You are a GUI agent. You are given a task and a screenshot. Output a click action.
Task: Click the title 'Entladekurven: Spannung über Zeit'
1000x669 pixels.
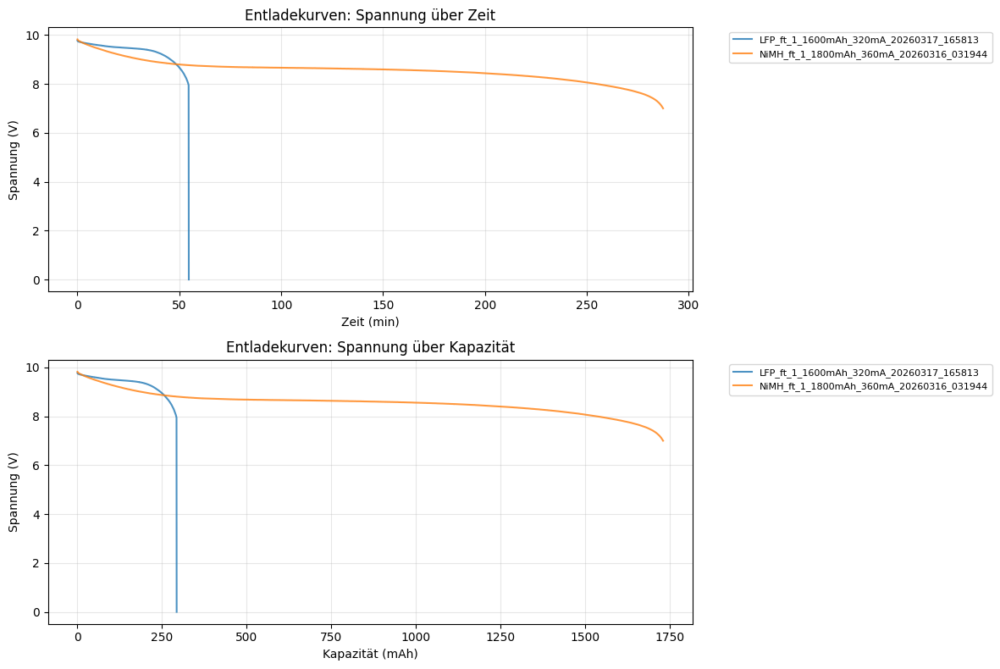(x=370, y=14)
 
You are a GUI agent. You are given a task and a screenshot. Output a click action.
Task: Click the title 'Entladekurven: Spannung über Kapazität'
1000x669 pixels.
(x=370, y=347)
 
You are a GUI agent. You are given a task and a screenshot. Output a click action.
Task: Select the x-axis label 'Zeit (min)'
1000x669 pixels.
(x=370, y=322)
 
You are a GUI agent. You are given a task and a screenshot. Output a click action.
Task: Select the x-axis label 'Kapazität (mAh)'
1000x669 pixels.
(x=370, y=654)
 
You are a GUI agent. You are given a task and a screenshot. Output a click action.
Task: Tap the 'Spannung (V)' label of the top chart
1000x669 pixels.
(x=14, y=158)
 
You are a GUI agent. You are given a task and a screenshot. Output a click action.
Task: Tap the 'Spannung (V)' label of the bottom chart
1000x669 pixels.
(x=14, y=490)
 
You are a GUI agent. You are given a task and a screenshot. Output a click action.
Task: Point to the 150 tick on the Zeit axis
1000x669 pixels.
(x=383, y=304)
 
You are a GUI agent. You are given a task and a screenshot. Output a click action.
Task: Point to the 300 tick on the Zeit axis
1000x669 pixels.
(x=688, y=304)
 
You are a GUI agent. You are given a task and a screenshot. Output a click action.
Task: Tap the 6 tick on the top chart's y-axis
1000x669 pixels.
(x=36, y=134)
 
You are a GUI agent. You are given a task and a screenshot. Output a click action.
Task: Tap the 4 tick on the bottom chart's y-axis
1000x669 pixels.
(x=36, y=515)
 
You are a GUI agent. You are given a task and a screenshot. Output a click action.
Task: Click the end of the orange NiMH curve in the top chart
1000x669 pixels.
(x=663, y=108)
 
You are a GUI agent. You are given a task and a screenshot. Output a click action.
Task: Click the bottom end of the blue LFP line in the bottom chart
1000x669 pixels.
(x=176, y=611)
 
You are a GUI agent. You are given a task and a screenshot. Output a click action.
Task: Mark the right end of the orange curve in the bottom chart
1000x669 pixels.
(x=663, y=441)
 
